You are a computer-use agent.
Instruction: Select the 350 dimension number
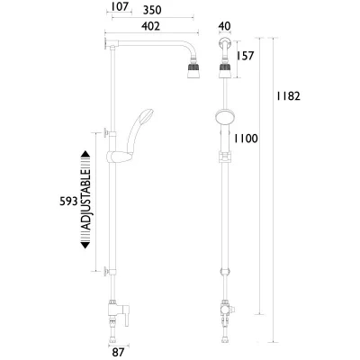(x=152, y=10)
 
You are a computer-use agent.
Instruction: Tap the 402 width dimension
(x=150, y=26)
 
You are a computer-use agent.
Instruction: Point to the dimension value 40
(x=225, y=26)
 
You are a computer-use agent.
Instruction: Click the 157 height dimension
(x=245, y=56)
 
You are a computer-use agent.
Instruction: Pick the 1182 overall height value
(x=288, y=96)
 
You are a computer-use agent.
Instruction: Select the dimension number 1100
(x=246, y=139)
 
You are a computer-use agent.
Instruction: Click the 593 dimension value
(x=68, y=202)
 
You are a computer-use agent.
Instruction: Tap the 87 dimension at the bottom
(x=118, y=353)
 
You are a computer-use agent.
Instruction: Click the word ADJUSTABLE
(x=86, y=200)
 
